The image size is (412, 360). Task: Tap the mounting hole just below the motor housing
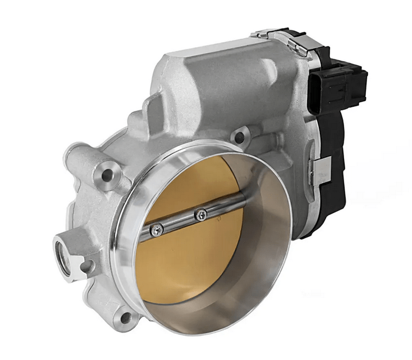pyautogui.click(x=240, y=136)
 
